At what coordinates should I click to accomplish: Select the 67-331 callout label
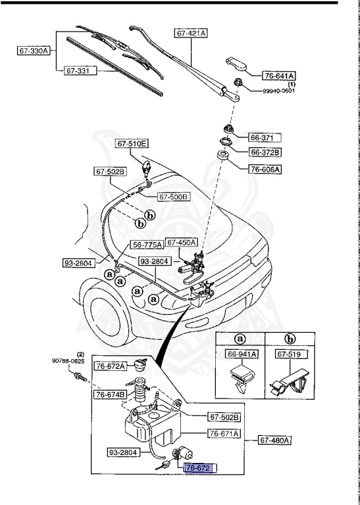point(80,70)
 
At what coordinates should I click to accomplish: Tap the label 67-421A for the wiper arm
point(191,32)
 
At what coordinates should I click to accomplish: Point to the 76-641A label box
point(280,75)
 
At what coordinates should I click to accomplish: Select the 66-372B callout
point(265,153)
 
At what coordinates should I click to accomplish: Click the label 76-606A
point(265,169)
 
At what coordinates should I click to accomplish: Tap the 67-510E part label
point(133,143)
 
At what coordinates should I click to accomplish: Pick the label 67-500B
point(173,196)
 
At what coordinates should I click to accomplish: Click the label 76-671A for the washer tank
point(224,433)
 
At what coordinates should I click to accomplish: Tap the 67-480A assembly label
point(274,439)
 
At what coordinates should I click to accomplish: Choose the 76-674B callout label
point(110,395)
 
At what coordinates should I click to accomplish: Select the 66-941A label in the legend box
point(244,354)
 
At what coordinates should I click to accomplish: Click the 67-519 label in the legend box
point(284,354)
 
